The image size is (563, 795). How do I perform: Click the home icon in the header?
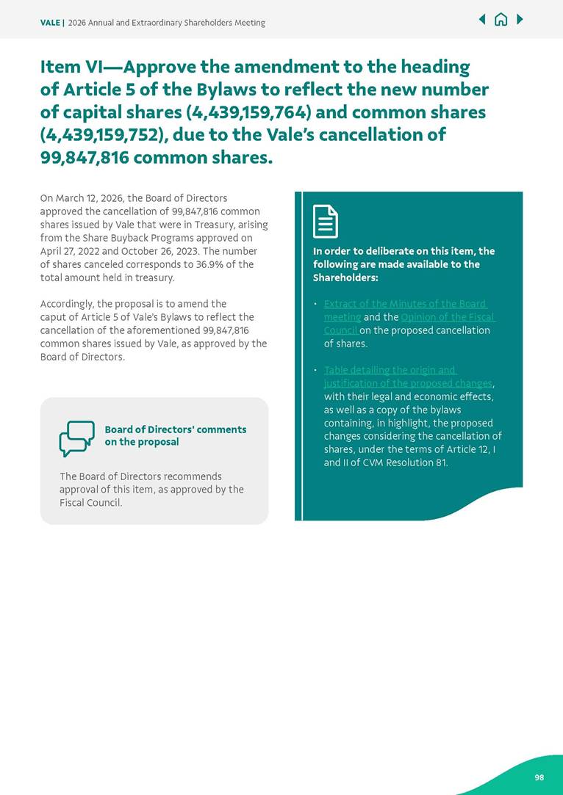(501, 20)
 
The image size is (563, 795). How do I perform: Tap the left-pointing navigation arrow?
(482, 19)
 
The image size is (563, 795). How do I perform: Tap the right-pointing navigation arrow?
(520, 19)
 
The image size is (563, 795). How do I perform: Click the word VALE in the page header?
(50, 23)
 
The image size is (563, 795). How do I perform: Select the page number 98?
(539, 777)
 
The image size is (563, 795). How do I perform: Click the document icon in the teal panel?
(326, 221)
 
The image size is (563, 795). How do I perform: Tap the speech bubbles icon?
(76, 438)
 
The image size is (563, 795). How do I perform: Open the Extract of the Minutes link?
(404, 304)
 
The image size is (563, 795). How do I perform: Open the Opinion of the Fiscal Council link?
(448, 317)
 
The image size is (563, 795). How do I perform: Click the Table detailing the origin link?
(390, 370)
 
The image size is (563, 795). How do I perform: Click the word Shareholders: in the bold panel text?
(345, 277)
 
